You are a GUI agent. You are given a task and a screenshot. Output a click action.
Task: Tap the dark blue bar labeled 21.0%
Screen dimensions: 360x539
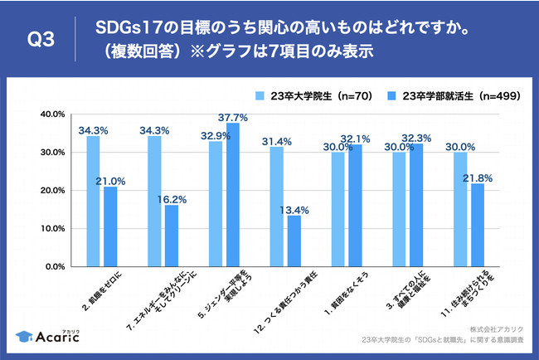click(110, 226)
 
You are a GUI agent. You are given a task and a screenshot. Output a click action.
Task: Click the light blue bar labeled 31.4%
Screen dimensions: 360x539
click(277, 207)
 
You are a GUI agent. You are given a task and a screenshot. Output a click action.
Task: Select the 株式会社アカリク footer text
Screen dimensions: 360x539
click(489, 328)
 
